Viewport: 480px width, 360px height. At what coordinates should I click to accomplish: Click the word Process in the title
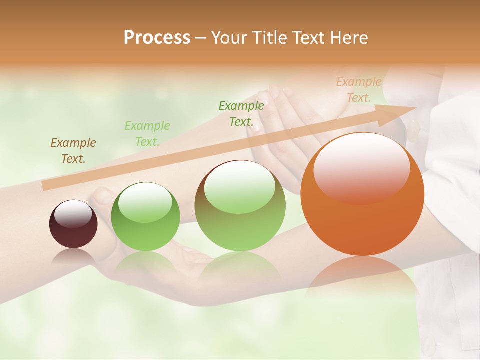(x=157, y=38)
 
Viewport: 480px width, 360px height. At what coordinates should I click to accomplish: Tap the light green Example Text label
(x=147, y=134)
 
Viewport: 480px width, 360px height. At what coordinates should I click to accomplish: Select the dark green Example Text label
(x=241, y=113)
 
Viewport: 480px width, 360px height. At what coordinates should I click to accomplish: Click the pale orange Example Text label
(x=359, y=90)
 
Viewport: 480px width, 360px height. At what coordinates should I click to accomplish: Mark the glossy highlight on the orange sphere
(x=361, y=167)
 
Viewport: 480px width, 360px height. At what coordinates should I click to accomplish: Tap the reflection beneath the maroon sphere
(x=73, y=257)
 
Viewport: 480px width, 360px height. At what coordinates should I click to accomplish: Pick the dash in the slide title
(x=201, y=38)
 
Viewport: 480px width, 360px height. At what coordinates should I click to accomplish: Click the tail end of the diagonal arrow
(x=46, y=186)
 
